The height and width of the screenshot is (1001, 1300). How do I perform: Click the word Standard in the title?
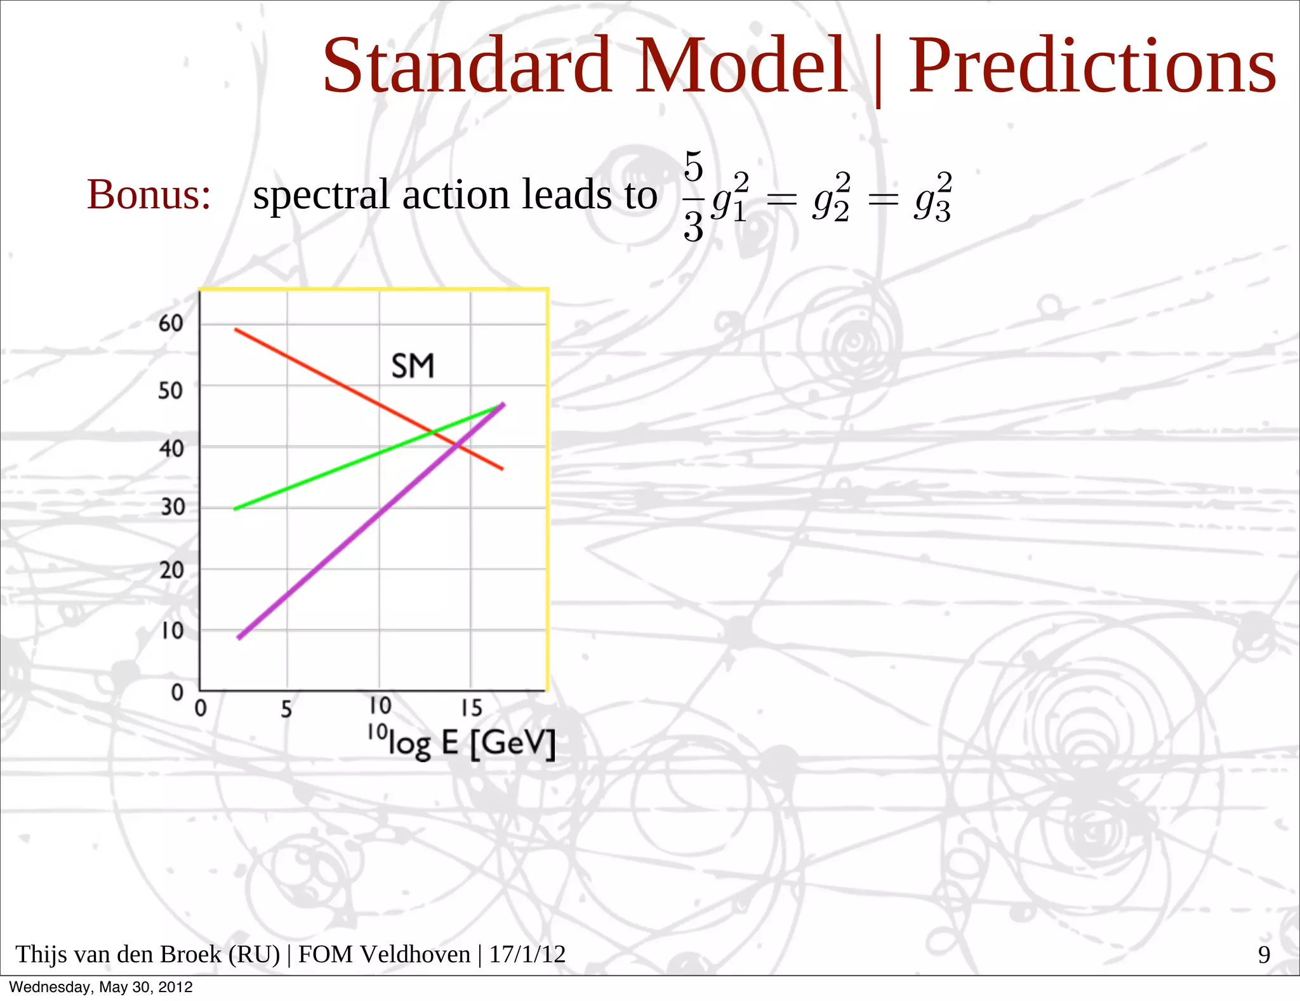coord(467,65)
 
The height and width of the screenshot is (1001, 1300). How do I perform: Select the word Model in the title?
coord(741,65)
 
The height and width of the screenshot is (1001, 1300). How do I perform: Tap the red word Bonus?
coord(149,194)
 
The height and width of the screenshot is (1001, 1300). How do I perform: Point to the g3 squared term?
coord(932,198)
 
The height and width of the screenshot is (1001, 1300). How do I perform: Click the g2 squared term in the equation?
coord(831,198)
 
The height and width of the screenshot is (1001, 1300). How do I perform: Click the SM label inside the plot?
coord(413,366)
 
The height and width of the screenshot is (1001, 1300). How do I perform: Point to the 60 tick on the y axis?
coord(171,324)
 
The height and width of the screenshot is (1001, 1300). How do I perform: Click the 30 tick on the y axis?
coord(172,507)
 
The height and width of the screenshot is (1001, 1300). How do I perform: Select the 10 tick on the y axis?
coord(172,631)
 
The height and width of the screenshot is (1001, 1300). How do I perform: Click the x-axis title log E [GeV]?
coord(462,742)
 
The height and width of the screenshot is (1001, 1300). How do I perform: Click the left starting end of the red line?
coord(236,330)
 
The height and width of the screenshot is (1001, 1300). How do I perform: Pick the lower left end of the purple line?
coord(239,638)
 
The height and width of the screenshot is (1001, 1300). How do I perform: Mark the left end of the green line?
coord(235,509)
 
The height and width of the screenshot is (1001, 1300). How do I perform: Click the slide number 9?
coord(1264,955)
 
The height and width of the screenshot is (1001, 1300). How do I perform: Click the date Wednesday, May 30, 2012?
coord(101,987)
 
